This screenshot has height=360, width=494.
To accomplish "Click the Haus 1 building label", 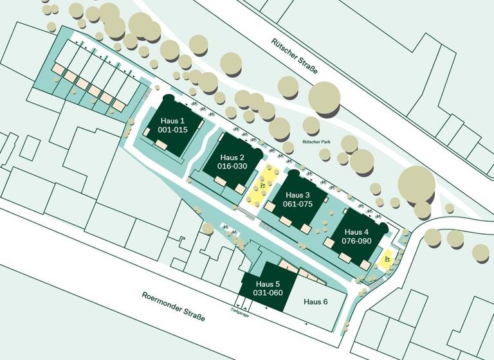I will [x=172, y=121].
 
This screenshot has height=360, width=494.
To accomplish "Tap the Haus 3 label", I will [x=298, y=195].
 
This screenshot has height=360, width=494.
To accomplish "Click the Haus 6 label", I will [x=316, y=302].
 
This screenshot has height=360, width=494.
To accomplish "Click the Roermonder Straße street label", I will [x=173, y=306].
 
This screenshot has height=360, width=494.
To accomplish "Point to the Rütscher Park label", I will [x=317, y=142].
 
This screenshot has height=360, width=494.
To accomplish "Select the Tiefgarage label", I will [x=240, y=314].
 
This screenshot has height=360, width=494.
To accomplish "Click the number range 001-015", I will [x=172, y=129].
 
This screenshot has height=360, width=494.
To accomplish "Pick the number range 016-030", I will [x=232, y=166].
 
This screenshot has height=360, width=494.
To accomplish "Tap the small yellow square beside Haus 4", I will [x=385, y=261].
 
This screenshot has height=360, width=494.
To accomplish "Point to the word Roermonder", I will [x=162, y=301].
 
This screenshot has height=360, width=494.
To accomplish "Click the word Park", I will [x=325, y=142].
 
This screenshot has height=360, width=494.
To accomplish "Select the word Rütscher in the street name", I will [x=284, y=49].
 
